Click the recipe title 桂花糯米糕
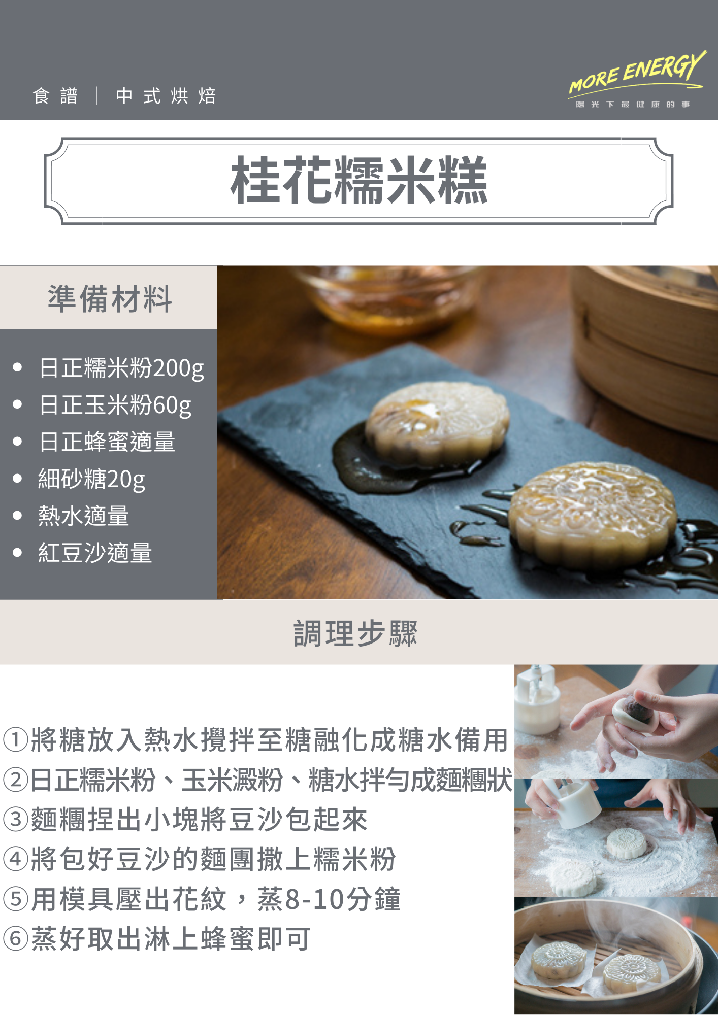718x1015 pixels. pyautogui.click(x=359, y=180)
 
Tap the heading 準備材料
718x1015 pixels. pyautogui.click(x=110, y=298)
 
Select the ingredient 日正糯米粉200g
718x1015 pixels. pyautogui.click(x=122, y=368)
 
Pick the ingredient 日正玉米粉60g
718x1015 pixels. pyautogui.click(x=115, y=405)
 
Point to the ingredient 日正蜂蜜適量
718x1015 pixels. pyautogui.click(x=107, y=442)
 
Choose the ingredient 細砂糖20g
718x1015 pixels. pyautogui.click(x=92, y=479)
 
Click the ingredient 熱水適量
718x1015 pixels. pyautogui.click(x=84, y=516)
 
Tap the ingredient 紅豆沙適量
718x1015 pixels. pyautogui.click(x=95, y=553)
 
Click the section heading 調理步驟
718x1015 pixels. pyautogui.click(x=355, y=633)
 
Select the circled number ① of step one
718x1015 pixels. pyautogui.click(x=15, y=739)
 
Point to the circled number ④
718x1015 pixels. pyautogui.click(x=15, y=859)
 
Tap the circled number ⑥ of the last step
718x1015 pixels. pyautogui.click(x=15, y=939)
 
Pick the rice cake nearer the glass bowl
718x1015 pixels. pyautogui.click(x=438, y=421)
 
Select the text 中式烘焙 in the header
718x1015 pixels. pyautogui.click(x=166, y=96)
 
